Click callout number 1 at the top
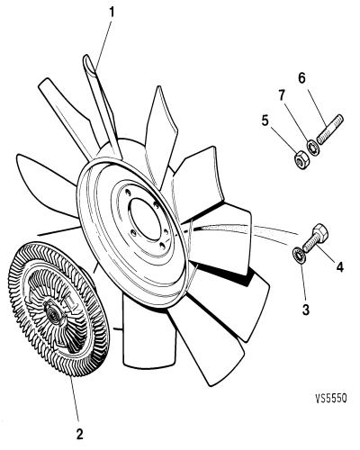(112, 13)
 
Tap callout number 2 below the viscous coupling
(79, 434)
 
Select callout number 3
(305, 310)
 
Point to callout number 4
(339, 266)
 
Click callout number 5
(265, 121)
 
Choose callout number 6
(301, 78)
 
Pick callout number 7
(282, 95)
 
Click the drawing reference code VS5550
(331, 398)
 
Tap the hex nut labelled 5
(301, 160)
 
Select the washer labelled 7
(313, 147)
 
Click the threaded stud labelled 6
(330, 130)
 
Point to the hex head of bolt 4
(321, 231)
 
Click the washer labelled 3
(299, 254)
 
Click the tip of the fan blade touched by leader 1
(86, 56)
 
